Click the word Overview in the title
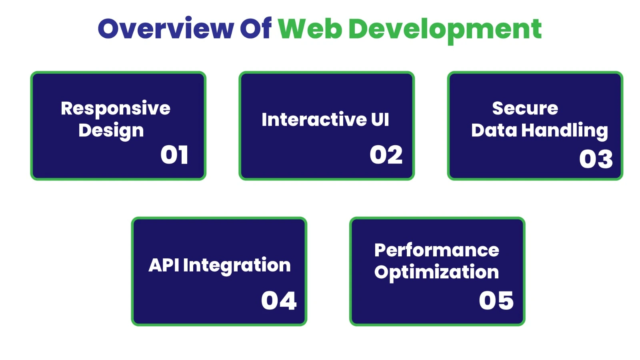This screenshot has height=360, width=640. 166,29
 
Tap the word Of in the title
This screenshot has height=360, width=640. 255,29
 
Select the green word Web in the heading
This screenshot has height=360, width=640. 310,29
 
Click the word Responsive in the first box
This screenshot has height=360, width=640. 116,109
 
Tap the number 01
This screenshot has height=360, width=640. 174,155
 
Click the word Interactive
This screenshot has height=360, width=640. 314,120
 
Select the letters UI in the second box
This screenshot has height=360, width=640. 380,120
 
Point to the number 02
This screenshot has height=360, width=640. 386,155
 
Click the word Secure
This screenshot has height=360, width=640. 525,108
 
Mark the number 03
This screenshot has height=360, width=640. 596,159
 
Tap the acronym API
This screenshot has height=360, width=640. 164,265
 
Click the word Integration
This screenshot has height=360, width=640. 237,266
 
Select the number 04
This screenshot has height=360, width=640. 279,301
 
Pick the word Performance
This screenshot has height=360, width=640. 436,250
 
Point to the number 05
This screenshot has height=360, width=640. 496,301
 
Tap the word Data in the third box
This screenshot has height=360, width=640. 494,131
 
